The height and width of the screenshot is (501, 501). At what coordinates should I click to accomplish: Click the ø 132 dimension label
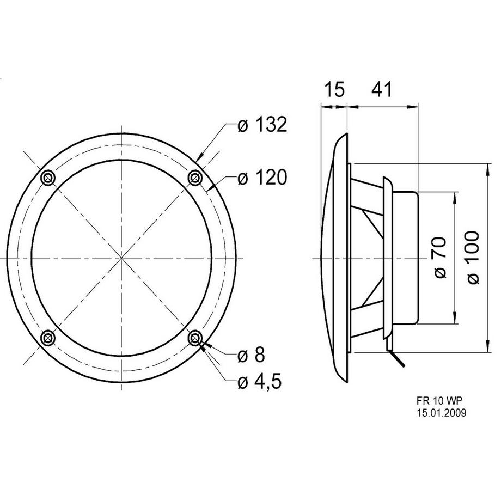coord(262,125)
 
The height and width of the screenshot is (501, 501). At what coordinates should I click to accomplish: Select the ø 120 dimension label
coord(262,178)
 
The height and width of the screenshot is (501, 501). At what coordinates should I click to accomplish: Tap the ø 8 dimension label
coord(252,355)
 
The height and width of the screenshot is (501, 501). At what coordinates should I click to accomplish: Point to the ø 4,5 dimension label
coord(260,382)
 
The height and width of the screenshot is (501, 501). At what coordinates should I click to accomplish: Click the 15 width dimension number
coord(334,89)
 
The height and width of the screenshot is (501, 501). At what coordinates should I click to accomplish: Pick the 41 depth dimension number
coord(381,89)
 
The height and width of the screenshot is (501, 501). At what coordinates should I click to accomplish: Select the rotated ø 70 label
coord(440,258)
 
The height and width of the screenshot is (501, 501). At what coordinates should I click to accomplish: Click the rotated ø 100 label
coord(473,258)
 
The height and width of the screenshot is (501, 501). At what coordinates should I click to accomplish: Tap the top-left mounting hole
coord(48,177)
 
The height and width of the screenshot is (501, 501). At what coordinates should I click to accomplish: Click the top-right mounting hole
coord(195,177)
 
